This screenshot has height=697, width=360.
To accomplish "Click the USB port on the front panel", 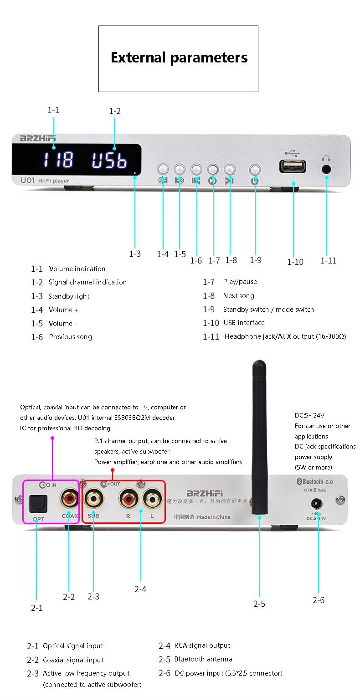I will tap(293, 167).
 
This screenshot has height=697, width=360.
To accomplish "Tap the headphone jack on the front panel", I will tap(326, 169).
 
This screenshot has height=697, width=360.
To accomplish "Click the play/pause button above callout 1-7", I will tap(213, 170).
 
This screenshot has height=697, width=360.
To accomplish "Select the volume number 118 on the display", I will tap(58, 160).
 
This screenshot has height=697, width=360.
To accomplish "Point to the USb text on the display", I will tap(109, 160).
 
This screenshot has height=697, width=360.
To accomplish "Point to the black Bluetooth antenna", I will tap(258, 433).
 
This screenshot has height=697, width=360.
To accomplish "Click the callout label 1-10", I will tap(295, 262).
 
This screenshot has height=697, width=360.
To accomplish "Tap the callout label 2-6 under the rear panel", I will tap(319, 600).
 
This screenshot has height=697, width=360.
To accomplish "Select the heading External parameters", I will tap(179, 58).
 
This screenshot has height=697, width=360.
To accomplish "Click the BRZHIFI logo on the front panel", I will tap(34, 138).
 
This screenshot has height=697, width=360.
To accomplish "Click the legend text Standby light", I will tap(69, 296).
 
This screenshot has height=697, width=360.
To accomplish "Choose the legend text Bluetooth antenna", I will tap(203, 659).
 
